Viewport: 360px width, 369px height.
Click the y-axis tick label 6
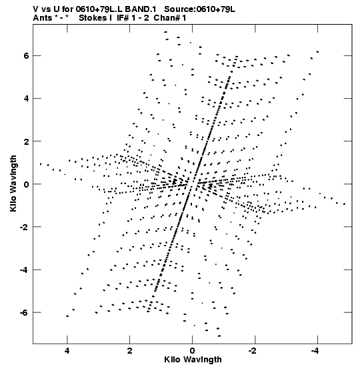point(26,56)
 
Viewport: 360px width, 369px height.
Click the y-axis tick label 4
point(26,99)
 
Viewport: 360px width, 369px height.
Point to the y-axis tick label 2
point(26,141)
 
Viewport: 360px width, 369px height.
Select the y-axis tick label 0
point(26,184)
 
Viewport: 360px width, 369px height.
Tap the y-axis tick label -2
point(24,227)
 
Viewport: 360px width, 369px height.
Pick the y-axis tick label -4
point(24,270)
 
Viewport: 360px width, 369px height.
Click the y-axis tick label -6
point(24,312)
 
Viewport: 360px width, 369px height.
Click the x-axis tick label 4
point(67,351)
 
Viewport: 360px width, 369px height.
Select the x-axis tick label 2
point(129,351)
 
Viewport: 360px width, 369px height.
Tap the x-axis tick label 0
point(193,351)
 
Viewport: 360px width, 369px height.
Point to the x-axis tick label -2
point(253,351)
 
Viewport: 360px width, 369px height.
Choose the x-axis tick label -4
point(315,351)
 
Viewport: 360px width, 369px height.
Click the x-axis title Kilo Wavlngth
point(193,360)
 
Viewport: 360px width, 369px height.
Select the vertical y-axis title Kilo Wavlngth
point(13,183)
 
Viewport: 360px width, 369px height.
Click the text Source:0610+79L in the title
point(199,9)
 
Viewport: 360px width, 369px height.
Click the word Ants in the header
point(42,18)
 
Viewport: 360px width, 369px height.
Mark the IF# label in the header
point(123,18)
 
